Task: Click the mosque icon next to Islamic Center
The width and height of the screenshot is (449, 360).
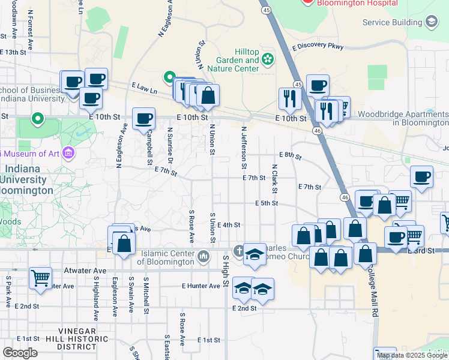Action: tap(203, 257)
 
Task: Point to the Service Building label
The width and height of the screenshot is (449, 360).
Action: tap(393, 22)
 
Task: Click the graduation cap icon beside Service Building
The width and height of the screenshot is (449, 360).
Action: tap(431, 22)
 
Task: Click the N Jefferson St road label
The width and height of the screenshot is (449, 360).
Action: tap(244, 147)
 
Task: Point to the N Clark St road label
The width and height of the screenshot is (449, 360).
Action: tap(274, 179)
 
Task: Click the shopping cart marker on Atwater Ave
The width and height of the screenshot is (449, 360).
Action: tap(40, 278)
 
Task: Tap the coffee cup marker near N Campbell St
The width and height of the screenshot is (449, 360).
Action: tap(143, 119)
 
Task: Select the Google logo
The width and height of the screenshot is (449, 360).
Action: tap(20, 353)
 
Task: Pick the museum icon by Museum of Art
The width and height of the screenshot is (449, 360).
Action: tap(68, 154)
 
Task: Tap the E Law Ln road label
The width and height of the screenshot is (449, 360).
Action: tap(145, 88)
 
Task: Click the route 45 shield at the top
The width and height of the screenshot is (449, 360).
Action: tap(265, 10)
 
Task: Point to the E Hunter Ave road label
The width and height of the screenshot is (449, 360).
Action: tap(201, 286)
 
